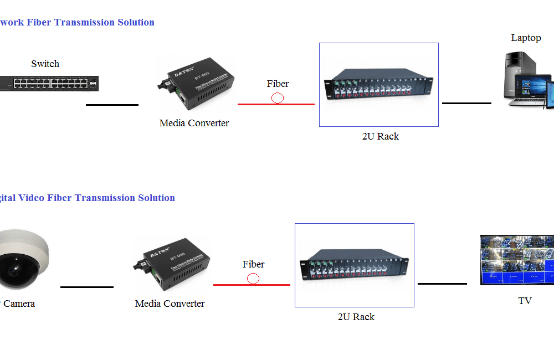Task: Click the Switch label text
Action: tap(45, 64)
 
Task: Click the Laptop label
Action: tap(526, 38)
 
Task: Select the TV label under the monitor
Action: tap(525, 301)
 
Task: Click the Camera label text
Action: tap(20, 304)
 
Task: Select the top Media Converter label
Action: tap(194, 123)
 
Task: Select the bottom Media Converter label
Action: tap(170, 304)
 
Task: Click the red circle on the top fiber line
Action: tap(278, 98)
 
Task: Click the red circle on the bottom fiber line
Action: tap(253, 279)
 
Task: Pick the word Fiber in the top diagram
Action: tap(278, 84)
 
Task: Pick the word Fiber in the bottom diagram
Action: tap(253, 264)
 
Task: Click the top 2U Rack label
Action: tap(380, 136)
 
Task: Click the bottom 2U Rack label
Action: tap(356, 317)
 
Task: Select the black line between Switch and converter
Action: tap(112, 105)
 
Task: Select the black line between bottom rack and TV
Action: tap(442, 284)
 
